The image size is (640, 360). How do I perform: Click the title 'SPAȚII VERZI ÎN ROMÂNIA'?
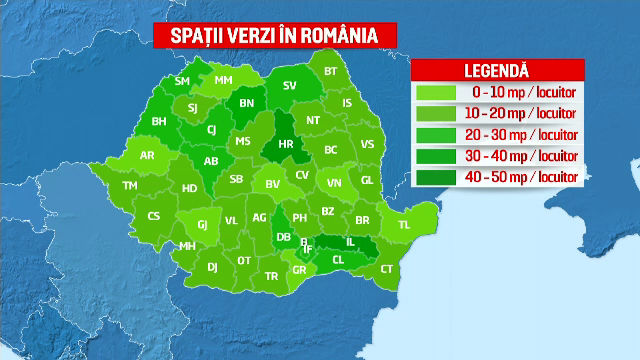273,37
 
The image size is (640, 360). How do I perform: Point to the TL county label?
405,225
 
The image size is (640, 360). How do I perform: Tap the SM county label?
182,81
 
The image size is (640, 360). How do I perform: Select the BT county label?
331,71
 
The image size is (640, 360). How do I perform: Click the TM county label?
130,186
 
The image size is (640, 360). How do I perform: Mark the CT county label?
388,269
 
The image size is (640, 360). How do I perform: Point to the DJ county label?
212,267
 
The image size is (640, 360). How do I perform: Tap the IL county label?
350,242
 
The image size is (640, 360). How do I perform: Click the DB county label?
283,237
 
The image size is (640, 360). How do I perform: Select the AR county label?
147,155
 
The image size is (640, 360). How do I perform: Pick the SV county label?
290,86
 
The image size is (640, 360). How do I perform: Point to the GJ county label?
203,225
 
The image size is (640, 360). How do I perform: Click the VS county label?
367,144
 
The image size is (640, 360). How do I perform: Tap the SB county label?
237,180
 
